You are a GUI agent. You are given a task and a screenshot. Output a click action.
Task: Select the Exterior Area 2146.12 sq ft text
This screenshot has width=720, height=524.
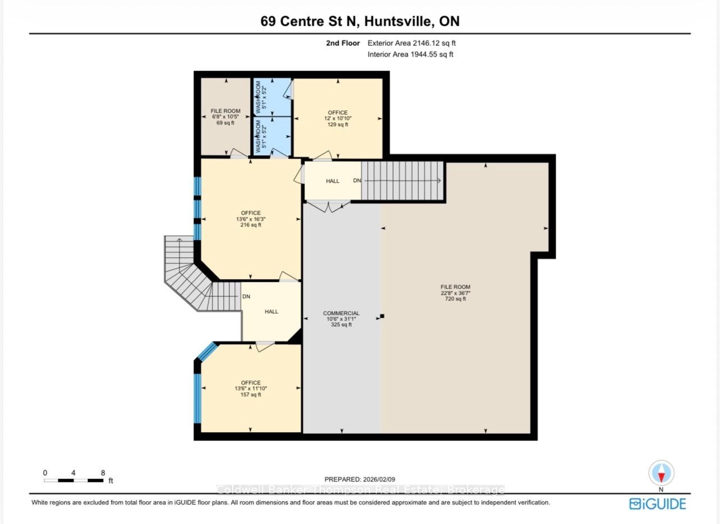(412, 43)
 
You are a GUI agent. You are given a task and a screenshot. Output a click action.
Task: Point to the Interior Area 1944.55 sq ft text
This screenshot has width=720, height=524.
(410, 54)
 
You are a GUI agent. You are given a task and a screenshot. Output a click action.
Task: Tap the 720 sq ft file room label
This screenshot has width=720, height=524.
(455, 293)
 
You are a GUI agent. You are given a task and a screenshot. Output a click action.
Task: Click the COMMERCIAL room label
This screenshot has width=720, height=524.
(341, 319)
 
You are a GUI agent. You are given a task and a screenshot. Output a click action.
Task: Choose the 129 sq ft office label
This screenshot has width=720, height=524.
(338, 118)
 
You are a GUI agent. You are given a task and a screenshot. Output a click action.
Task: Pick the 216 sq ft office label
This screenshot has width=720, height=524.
(251, 219)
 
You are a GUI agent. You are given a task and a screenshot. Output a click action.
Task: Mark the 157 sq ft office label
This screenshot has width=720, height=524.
(251, 388)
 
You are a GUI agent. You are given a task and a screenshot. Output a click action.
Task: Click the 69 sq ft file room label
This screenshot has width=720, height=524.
(225, 117)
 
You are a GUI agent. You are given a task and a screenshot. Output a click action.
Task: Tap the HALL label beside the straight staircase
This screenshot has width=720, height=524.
(333, 181)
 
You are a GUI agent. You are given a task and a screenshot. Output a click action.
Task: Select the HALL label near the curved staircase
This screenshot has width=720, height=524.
(271, 311)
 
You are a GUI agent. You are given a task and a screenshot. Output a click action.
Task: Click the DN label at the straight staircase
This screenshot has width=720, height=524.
(357, 180)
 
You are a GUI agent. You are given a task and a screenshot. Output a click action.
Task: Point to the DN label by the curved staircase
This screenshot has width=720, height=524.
(246, 296)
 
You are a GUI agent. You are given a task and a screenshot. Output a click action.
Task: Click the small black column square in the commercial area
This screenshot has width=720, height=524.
(382, 316)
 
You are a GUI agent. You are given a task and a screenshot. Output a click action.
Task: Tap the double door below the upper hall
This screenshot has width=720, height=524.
(328, 207)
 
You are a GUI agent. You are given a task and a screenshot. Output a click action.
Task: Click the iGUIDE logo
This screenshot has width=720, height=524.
(658, 503)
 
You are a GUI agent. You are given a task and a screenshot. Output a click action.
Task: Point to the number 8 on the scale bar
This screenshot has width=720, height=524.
(103, 472)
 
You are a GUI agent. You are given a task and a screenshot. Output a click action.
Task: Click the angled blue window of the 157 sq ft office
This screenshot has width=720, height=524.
(207, 351)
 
